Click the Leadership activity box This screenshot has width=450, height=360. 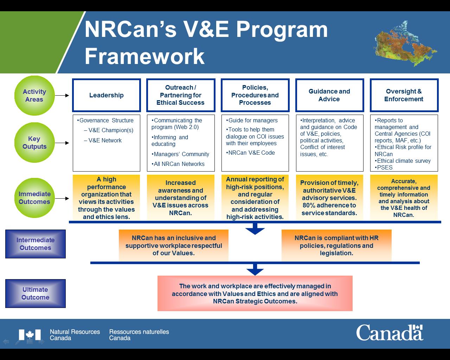pyautogui.click(x=106, y=95)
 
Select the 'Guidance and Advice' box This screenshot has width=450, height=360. pyautogui.click(x=329, y=95)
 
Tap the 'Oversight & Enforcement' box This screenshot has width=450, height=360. pyautogui.click(x=404, y=95)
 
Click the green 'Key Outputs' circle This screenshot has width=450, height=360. pyautogui.click(x=34, y=143)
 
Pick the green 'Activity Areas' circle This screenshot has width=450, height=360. pyautogui.click(x=34, y=96)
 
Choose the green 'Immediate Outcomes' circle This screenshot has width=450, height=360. pyautogui.click(x=34, y=198)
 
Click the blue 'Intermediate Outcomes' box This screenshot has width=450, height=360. pyautogui.click(x=36, y=244)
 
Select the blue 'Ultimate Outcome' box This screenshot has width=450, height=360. pyautogui.click(x=36, y=294)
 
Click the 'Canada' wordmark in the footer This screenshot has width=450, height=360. pyautogui.click(x=390, y=333)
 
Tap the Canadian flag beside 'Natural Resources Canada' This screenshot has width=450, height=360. pyautogui.click(x=30, y=335)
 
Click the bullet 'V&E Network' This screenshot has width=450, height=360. pyautogui.click(x=105, y=140)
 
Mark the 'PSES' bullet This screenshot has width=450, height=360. pyautogui.click(x=384, y=167)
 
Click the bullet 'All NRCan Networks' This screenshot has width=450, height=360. pyautogui.click(x=179, y=164)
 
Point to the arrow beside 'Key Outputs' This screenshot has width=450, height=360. pyautogui.click(x=62, y=143)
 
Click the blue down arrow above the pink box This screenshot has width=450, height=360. pyautogui.click(x=255, y=271)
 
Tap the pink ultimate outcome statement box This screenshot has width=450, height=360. pyautogui.click(x=255, y=294)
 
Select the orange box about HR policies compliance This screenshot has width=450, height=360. pyautogui.click(x=336, y=245)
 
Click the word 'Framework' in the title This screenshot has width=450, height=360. pyautogui.click(x=144, y=56)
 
